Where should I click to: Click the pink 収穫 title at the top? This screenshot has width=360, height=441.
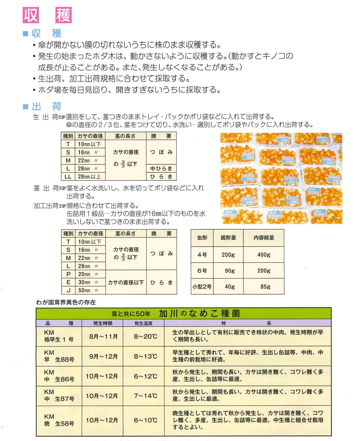(x=47, y=15)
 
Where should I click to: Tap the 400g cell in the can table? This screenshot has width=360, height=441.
(x=264, y=255)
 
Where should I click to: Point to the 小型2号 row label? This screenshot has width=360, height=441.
(x=202, y=286)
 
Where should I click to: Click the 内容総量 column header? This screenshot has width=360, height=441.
(x=264, y=238)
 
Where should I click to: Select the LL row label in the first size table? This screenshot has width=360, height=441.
(x=68, y=177)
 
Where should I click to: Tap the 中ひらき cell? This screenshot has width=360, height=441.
(x=161, y=168)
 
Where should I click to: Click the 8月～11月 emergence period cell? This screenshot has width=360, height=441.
(x=103, y=336)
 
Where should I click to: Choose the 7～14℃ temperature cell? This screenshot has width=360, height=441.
(x=145, y=396)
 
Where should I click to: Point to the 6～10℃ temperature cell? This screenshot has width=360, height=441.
(x=145, y=420)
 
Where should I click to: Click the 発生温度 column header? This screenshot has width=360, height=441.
(x=144, y=323)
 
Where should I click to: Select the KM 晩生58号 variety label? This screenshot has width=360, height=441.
(x=59, y=420)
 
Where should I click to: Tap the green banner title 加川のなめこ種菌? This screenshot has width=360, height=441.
(x=199, y=313)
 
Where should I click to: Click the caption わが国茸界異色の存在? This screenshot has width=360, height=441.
(x=66, y=302)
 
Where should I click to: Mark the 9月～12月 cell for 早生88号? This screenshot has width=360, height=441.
(x=103, y=356)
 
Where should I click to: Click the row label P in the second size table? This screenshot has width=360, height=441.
(x=68, y=274)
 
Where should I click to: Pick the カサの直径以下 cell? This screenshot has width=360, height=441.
(x=126, y=282)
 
